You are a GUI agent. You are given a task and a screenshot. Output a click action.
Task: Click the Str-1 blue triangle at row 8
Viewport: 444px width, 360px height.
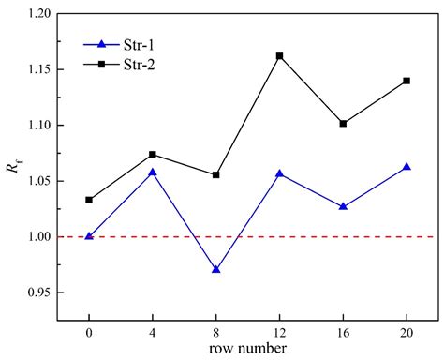click(216, 269)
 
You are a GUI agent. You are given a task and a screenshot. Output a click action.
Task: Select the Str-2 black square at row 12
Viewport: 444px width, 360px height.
click(279, 56)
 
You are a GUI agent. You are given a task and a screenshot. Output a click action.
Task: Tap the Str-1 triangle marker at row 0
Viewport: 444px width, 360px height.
click(89, 236)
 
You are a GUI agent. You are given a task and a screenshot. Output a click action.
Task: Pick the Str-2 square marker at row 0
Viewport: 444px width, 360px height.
click(89, 200)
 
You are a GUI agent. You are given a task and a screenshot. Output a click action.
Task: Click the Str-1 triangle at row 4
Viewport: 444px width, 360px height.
click(153, 172)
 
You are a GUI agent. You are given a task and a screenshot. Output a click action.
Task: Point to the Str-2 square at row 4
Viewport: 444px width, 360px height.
click(153, 154)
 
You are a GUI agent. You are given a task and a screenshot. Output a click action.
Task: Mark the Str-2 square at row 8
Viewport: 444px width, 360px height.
click(216, 174)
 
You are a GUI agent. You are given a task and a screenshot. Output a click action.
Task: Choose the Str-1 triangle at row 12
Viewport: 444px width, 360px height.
click(279, 173)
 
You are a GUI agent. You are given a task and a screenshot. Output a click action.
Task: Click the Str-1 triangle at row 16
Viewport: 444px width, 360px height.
click(343, 206)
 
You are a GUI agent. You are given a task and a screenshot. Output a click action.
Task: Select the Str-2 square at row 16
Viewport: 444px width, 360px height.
click(343, 123)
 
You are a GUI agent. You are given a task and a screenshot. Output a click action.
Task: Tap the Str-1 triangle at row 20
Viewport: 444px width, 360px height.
click(407, 167)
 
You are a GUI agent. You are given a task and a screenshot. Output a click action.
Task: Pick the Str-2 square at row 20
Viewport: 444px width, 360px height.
click(407, 81)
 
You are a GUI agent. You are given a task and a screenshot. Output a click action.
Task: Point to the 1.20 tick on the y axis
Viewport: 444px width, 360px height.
click(38, 14)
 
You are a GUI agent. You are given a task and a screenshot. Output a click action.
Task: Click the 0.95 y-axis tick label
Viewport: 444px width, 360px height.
click(38, 292)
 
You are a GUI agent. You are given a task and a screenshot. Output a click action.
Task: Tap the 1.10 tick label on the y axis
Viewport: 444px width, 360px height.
click(38, 126)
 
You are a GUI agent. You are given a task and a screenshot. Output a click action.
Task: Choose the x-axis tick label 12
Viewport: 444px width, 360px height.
click(279, 333)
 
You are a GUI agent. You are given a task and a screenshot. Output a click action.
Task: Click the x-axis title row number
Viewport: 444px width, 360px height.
click(247, 349)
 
